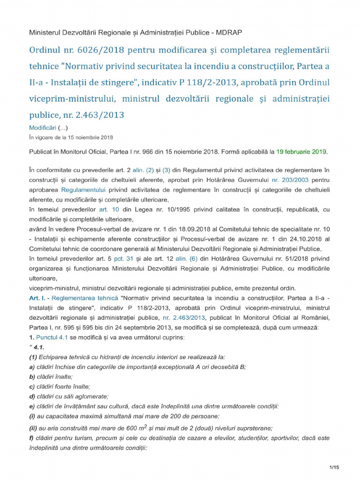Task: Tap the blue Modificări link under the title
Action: [x=43, y=128]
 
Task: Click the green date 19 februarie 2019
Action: [x=301, y=152]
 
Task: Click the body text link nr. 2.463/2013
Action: [x=181, y=317]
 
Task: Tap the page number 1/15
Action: [x=334, y=467]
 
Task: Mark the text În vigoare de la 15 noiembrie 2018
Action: [x=71, y=137]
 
